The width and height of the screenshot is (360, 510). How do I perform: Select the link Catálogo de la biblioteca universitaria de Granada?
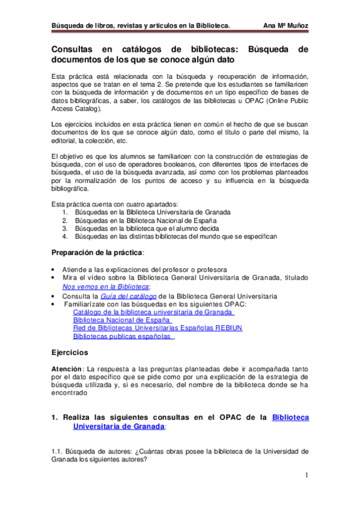click(x=153, y=312)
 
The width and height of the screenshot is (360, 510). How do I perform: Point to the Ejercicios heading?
click(x=70, y=352)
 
